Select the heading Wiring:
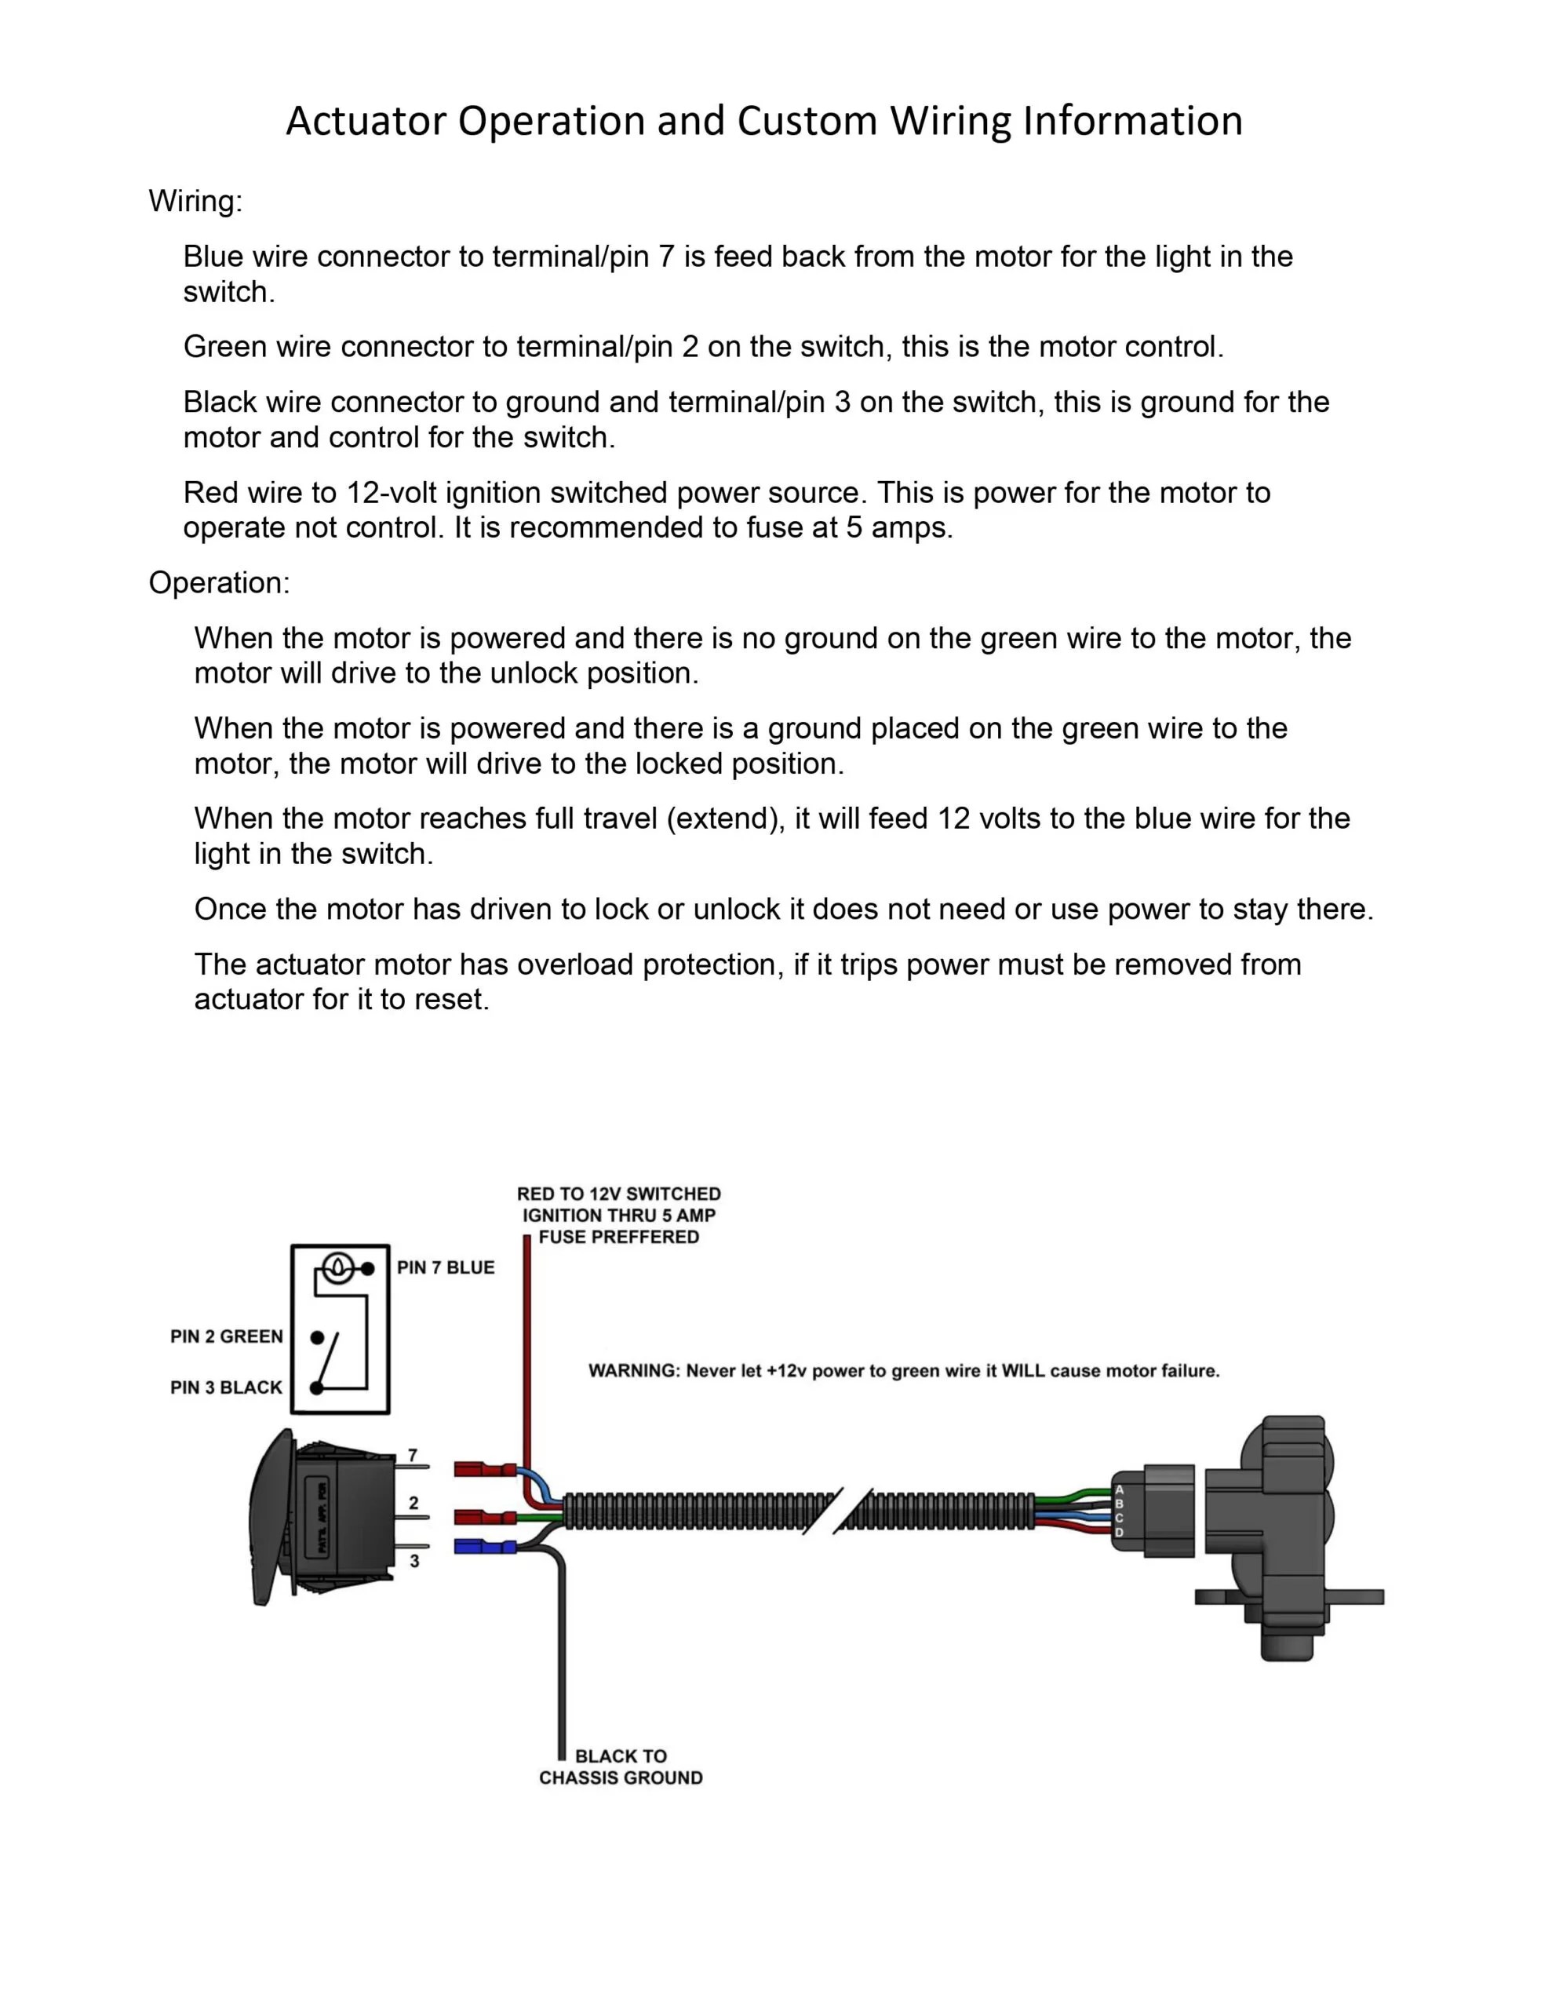[x=195, y=201]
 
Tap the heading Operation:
[x=219, y=582]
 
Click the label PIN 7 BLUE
[x=445, y=1267]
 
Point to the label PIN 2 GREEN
[x=226, y=1336]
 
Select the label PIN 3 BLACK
[x=226, y=1387]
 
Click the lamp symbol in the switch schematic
[x=338, y=1268]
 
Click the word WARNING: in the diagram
[x=634, y=1371]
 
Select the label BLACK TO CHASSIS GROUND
[x=621, y=1767]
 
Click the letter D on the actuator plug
[x=1119, y=1533]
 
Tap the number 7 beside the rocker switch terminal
[x=413, y=1455]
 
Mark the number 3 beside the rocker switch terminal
[x=414, y=1561]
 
